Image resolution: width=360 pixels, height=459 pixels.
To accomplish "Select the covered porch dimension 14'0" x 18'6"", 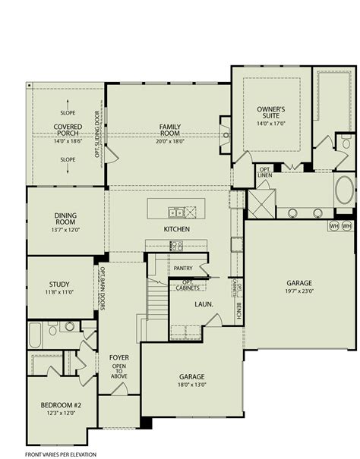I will click(67, 141).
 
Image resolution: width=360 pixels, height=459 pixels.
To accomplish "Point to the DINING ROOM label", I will click(64, 218).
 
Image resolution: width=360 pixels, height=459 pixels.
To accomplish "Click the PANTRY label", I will click(183, 268).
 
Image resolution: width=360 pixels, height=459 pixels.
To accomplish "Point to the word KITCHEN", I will click(175, 229).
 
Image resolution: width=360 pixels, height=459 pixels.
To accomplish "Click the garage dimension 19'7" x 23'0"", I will click(298, 289).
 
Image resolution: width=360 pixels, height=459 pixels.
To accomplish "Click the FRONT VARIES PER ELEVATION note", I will click(60, 453).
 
